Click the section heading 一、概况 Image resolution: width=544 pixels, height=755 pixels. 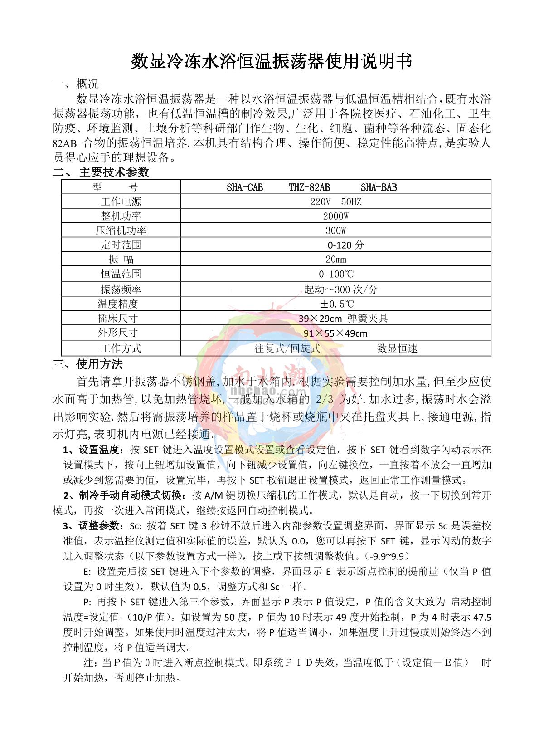76,84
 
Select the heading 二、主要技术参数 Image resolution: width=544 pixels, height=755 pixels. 101,172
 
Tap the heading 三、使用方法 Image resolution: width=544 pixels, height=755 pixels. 88,364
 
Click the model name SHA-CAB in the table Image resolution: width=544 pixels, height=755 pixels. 245,187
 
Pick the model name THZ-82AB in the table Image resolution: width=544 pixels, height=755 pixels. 309,187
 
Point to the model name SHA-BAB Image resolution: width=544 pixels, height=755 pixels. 379,187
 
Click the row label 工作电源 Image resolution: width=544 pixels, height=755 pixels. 121,201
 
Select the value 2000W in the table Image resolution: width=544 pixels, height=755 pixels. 335,216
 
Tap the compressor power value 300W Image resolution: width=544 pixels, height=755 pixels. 335,230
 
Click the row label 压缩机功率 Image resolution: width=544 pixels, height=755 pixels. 121,230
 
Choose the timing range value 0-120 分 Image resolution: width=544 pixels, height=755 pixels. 345,245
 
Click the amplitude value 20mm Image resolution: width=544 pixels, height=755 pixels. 335,260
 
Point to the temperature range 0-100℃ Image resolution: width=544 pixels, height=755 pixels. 336,274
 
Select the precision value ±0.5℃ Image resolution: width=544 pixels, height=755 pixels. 336,304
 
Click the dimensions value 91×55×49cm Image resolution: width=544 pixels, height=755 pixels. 335,333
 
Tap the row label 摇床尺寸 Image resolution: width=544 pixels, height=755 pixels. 117,318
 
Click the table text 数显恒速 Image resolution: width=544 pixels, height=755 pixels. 397,348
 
